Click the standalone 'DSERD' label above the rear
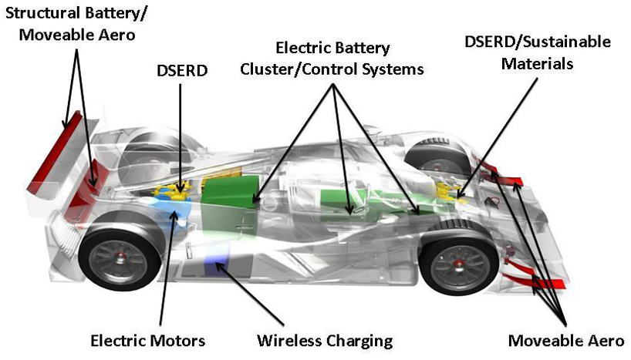[x=179, y=70]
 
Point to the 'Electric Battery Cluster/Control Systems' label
[x=332, y=59]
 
